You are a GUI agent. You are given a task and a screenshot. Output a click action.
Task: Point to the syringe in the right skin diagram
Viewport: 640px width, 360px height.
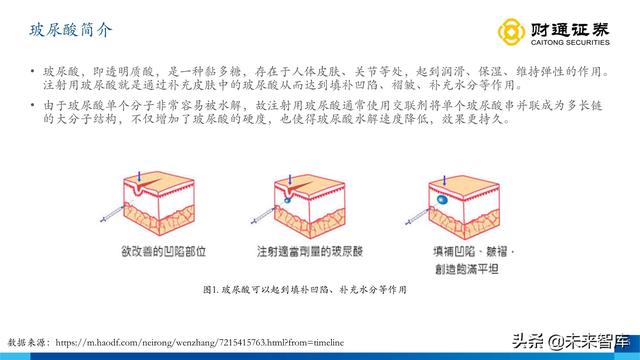tap(414, 206)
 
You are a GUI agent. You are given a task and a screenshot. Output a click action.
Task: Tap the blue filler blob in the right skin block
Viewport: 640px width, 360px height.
tap(441, 202)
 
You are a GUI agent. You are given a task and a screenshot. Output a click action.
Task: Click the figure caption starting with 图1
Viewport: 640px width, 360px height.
tap(319, 289)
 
